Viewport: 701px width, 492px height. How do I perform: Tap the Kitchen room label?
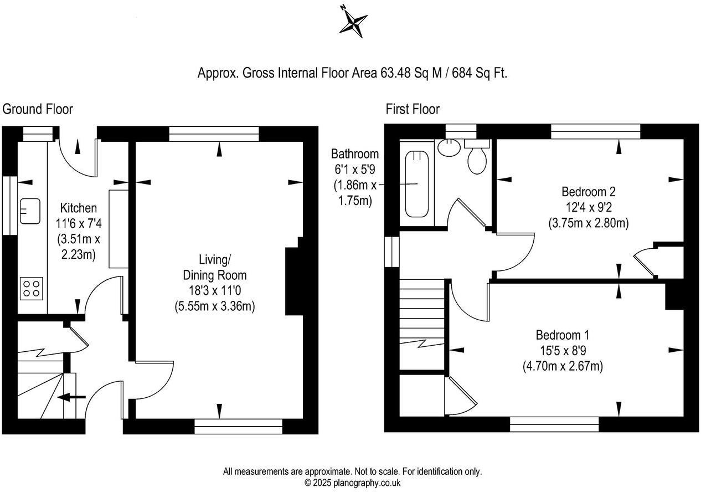tap(78, 208)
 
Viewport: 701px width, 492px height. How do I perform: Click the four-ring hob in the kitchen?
tap(31, 288)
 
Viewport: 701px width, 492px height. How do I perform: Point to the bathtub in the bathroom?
tap(417, 184)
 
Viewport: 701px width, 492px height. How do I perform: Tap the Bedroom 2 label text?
tap(588, 192)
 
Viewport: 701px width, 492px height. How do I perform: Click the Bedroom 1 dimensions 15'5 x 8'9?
tap(562, 351)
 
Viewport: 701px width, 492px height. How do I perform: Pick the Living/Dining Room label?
tap(214, 267)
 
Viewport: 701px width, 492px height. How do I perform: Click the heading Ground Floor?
tap(38, 109)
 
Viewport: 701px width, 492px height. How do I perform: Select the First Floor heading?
tap(413, 109)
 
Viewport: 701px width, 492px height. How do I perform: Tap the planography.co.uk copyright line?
tap(352, 483)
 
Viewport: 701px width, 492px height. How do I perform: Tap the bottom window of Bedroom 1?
tap(554, 424)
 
